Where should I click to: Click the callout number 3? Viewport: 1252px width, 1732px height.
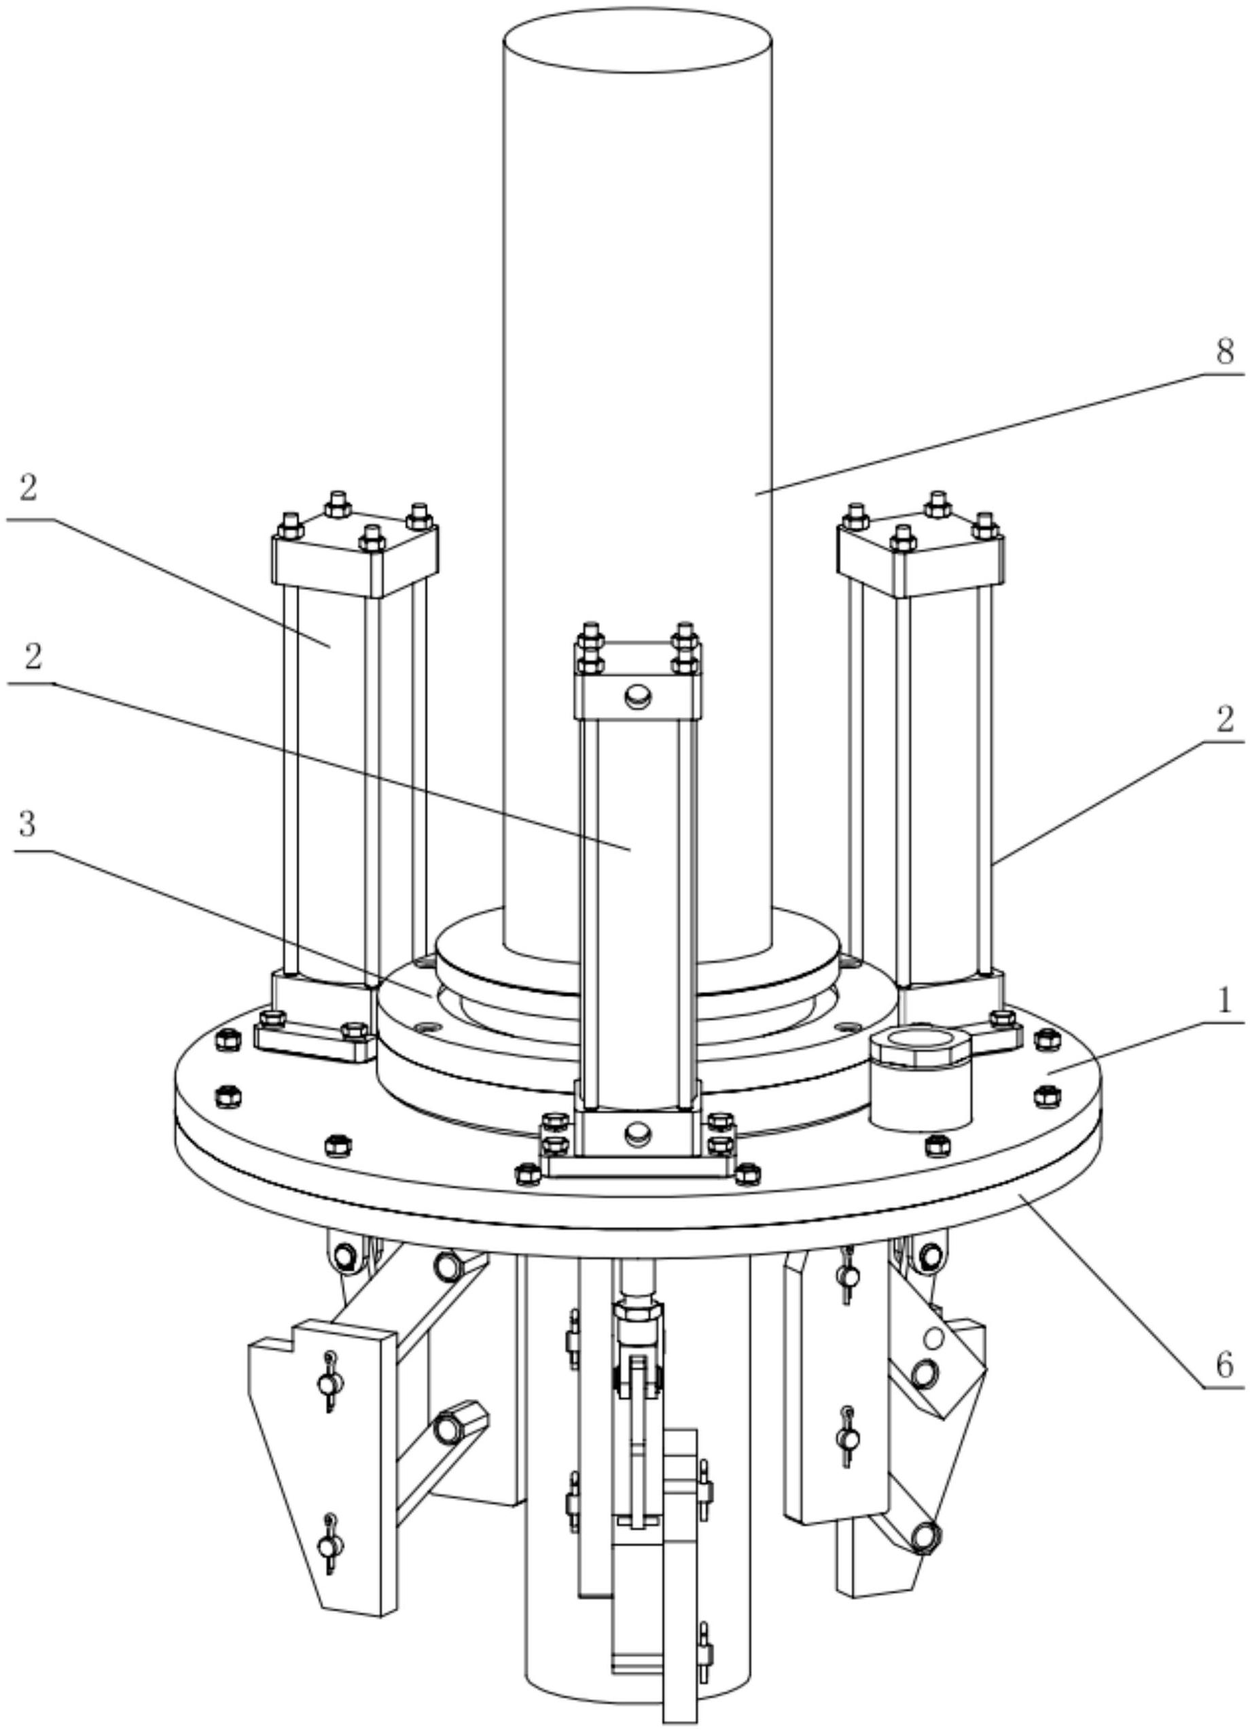[26, 824]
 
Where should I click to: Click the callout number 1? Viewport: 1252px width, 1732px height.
[1225, 1001]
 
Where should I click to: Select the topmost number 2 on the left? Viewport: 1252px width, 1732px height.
[27, 489]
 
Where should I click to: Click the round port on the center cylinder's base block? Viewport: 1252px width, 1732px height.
[637, 1132]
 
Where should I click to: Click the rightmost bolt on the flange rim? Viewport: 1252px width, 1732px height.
[1047, 1097]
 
